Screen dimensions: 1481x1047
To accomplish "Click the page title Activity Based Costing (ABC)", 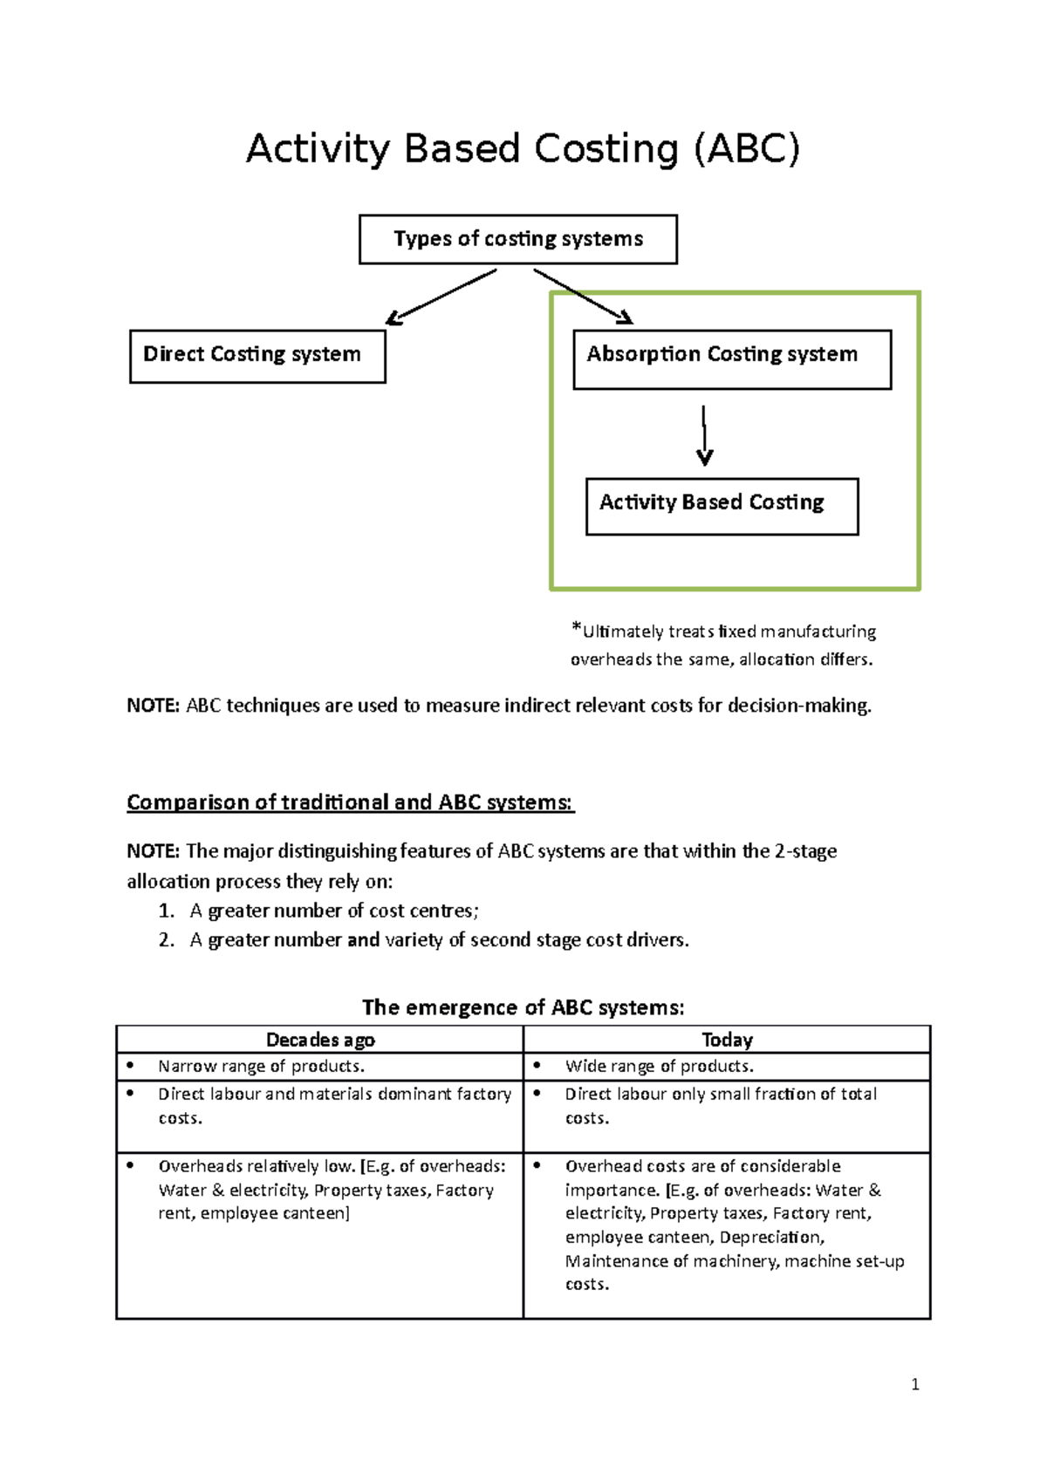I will point(523,149).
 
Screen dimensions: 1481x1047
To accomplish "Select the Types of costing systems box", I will point(517,239).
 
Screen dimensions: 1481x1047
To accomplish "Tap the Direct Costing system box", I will point(257,355).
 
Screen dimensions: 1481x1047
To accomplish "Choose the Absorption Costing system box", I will point(731,358).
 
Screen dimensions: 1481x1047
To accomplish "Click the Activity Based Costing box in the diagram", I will point(722,505).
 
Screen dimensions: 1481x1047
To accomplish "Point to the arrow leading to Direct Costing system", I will point(441,297).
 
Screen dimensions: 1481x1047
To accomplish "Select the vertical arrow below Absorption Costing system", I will point(704,434).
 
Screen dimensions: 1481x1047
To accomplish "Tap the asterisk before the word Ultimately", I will point(576,627).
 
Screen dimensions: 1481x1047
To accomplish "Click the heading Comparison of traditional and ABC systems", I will point(350,802).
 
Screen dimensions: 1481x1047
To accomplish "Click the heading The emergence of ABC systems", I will point(523,1008).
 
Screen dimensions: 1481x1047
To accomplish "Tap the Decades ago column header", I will point(320,1040).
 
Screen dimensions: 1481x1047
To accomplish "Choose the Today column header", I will point(727,1040).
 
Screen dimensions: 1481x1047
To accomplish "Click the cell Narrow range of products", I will point(261,1067).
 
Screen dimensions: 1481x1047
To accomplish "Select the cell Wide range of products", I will point(659,1067).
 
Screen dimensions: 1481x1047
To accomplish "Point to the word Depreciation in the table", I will point(770,1238).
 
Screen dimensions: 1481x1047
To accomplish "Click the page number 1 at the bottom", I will point(914,1384).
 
